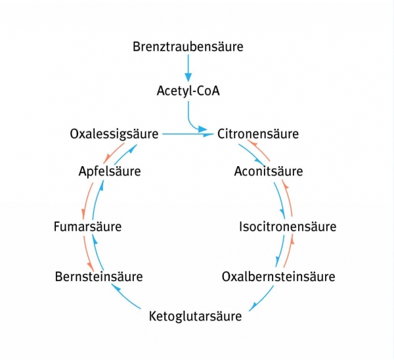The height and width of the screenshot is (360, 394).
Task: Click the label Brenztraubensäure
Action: click(188, 47)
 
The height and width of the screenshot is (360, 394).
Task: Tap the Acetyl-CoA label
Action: click(188, 91)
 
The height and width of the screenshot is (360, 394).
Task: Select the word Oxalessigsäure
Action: click(114, 134)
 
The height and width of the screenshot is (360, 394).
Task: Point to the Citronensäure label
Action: click(258, 134)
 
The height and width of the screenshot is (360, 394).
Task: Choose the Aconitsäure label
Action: click(268, 172)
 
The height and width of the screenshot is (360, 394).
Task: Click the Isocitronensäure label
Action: click(287, 227)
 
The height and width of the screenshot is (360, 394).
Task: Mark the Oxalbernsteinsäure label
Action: click(278, 277)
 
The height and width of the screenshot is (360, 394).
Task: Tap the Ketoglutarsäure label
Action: click(195, 317)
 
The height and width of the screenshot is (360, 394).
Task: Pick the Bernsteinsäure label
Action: click(98, 277)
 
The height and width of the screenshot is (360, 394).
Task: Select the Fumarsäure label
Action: click(87, 227)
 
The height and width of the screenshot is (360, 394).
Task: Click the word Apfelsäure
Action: click(109, 172)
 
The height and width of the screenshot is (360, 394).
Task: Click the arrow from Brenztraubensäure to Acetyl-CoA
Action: click(188, 67)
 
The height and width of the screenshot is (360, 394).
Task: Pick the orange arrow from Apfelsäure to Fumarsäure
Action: click(83, 200)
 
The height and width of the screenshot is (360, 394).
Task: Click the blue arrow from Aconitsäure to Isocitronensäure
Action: click(280, 200)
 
